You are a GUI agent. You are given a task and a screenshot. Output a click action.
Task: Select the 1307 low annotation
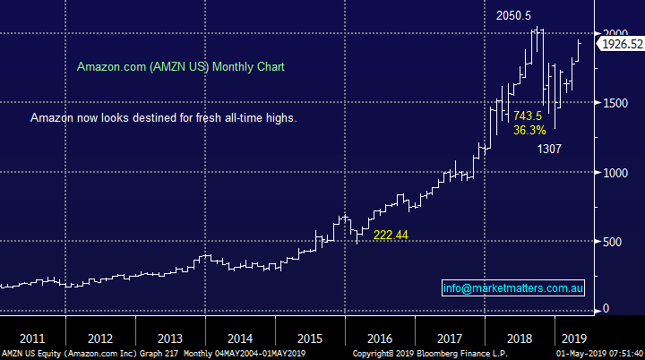pyautogui.click(x=549, y=150)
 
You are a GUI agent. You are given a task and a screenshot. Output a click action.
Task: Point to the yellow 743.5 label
pyautogui.click(x=527, y=116)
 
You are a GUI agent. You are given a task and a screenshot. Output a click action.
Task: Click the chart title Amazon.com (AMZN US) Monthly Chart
pyautogui.click(x=181, y=67)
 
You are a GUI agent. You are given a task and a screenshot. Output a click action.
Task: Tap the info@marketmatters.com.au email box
pyautogui.click(x=514, y=288)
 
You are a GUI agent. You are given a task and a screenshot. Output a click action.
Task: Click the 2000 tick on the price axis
pyautogui.click(x=613, y=32)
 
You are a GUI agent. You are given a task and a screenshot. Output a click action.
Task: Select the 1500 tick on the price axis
pyautogui.click(x=613, y=103)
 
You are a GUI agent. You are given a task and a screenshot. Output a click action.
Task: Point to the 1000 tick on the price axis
pyautogui.click(x=613, y=172)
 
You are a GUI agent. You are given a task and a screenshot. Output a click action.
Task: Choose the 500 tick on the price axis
pyautogui.click(x=610, y=241)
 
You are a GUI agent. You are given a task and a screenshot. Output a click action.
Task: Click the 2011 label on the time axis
pyautogui.click(x=34, y=339)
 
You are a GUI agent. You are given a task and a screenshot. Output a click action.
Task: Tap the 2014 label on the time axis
pyautogui.click(x=240, y=339)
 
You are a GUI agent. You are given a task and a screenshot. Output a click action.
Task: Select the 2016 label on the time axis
pyautogui.click(x=379, y=339)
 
